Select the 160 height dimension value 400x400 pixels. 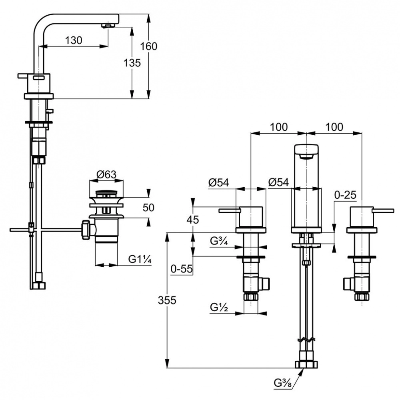click(x=148, y=46)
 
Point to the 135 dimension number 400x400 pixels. click(x=132, y=63)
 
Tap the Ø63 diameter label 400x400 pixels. click(x=106, y=175)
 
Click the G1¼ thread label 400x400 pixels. click(x=140, y=259)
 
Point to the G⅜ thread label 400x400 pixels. click(x=282, y=383)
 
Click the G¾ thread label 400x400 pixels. click(x=220, y=241)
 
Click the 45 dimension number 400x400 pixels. click(x=193, y=219)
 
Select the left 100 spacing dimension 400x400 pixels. click(x=279, y=127)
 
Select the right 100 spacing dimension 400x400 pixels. click(x=334, y=127)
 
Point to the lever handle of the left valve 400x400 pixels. click(x=229, y=210)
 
